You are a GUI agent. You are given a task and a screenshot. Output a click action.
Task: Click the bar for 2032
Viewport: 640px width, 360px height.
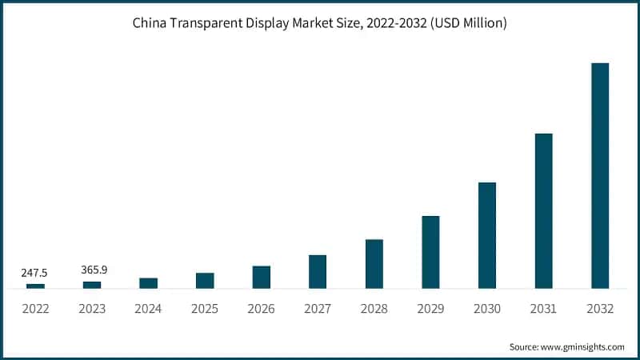(x=600, y=175)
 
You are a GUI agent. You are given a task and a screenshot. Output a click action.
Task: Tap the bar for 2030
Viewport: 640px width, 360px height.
(x=486, y=235)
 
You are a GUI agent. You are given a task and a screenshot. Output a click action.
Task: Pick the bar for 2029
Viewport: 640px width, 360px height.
(x=430, y=252)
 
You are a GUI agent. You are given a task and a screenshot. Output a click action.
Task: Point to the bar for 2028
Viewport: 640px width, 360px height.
(x=374, y=264)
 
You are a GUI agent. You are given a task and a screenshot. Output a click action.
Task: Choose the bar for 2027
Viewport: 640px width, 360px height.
(x=318, y=272)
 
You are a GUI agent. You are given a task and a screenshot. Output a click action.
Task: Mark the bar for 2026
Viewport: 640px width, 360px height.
(x=262, y=277)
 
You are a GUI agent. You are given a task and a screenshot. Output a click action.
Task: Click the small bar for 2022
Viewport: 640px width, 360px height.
(x=36, y=286)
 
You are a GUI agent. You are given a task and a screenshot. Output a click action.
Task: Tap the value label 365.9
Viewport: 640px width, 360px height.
(x=94, y=270)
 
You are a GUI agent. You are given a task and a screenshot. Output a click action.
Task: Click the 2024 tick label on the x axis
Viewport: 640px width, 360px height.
(x=149, y=309)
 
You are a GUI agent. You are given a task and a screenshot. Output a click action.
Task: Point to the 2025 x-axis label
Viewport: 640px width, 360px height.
(x=205, y=309)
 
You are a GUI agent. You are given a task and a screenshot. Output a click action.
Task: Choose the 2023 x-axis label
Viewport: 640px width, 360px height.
(x=92, y=309)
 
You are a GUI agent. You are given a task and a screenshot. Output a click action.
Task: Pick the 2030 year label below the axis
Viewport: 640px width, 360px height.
(x=486, y=309)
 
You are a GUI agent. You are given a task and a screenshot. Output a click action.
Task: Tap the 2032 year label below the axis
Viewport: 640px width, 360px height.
(x=599, y=309)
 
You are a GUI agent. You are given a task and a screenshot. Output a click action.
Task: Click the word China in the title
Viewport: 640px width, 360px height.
(x=150, y=24)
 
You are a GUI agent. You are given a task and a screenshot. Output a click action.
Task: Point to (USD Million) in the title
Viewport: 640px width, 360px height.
(x=469, y=24)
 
